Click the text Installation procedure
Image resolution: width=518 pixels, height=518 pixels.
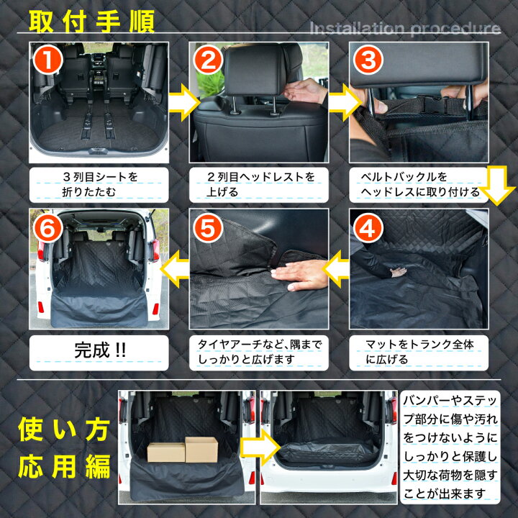404,29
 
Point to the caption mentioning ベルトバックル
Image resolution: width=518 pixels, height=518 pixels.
416,184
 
